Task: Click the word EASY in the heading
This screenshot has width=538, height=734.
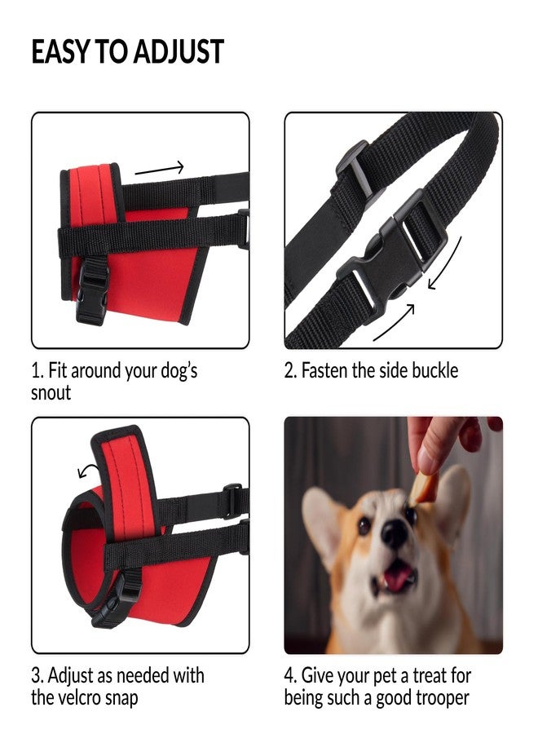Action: tap(60, 52)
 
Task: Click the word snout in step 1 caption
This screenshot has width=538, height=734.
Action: tap(51, 392)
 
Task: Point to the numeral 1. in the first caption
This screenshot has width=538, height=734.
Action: tap(37, 371)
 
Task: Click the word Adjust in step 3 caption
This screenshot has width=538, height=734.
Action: tap(73, 676)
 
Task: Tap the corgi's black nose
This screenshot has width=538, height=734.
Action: tap(395, 533)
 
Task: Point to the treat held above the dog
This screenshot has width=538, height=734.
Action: tap(422, 486)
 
